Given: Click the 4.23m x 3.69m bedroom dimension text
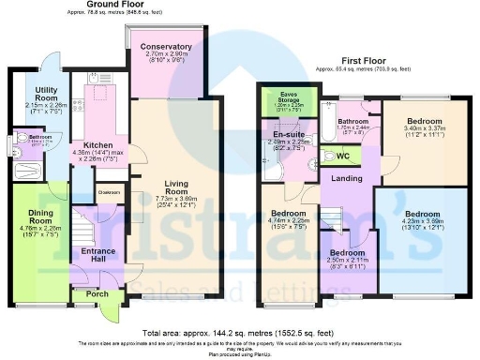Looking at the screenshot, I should pyautogui.click(x=422, y=226).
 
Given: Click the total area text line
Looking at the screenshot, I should pyautogui.click(x=239, y=333).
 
